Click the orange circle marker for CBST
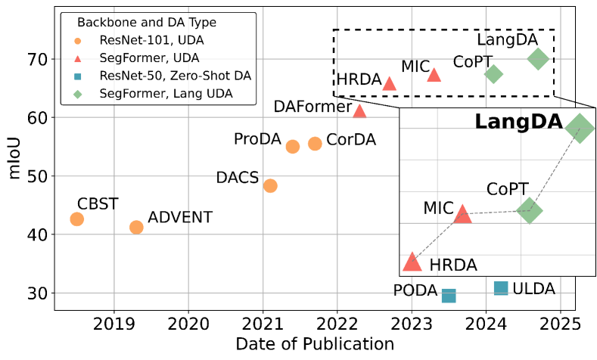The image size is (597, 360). (76, 219)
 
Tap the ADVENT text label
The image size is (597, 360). (180, 218)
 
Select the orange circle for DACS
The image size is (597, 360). (270, 186)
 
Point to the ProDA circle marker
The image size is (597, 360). (293, 147)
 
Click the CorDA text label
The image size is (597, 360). (350, 141)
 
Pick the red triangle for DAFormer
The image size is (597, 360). (359, 111)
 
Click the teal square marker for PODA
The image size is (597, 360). (449, 296)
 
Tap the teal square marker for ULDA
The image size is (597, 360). (501, 288)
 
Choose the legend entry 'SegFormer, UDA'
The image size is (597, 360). (148, 57)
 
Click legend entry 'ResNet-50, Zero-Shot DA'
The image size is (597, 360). (175, 76)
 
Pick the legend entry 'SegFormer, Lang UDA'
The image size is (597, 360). (166, 94)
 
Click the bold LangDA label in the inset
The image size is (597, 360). (518, 123)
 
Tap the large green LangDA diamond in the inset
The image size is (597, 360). (580, 129)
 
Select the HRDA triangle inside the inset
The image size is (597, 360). (412, 262)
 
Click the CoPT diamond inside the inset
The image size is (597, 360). (530, 211)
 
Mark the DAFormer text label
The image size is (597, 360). (312, 107)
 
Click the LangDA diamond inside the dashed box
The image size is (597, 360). (538, 58)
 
